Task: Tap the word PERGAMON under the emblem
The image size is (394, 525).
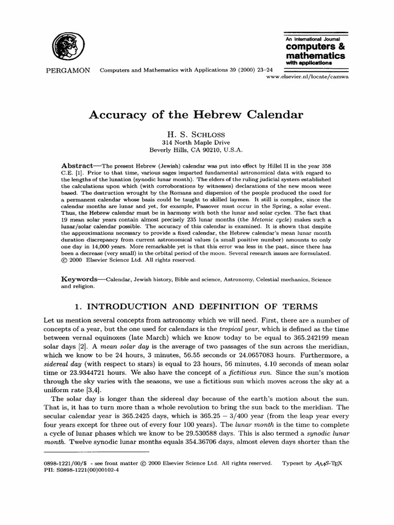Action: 65,70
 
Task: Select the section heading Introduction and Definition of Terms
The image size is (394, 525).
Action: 196,307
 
